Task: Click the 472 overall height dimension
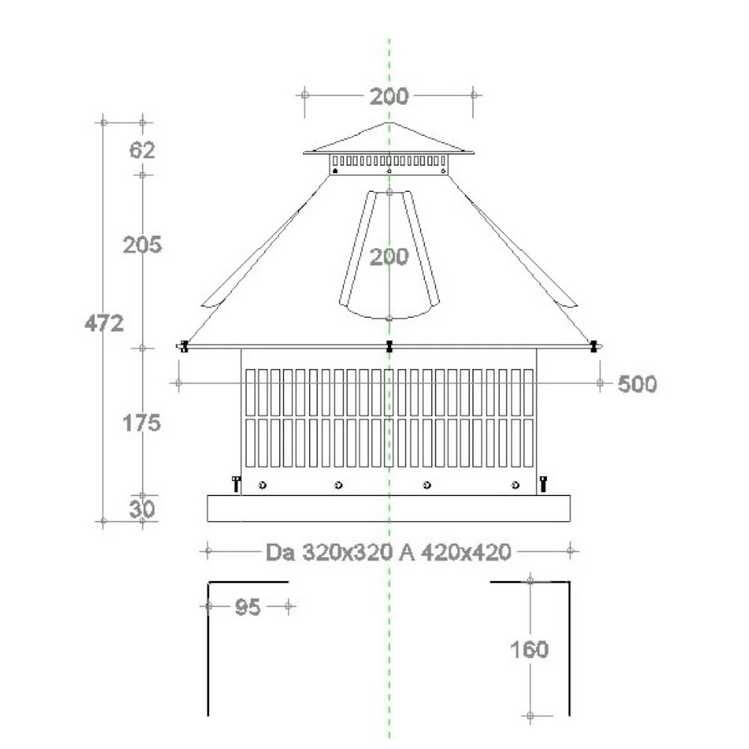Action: tap(104, 324)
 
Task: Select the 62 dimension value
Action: tap(142, 150)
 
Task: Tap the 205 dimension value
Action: tap(142, 245)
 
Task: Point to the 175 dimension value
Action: tap(142, 422)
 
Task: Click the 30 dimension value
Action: tap(142, 509)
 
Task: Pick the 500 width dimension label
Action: tap(637, 383)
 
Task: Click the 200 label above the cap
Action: tap(389, 97)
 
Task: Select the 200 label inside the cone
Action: tap(389, 257)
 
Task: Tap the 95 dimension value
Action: tap(248, 607)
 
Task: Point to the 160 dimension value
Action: tap(530, 649)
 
